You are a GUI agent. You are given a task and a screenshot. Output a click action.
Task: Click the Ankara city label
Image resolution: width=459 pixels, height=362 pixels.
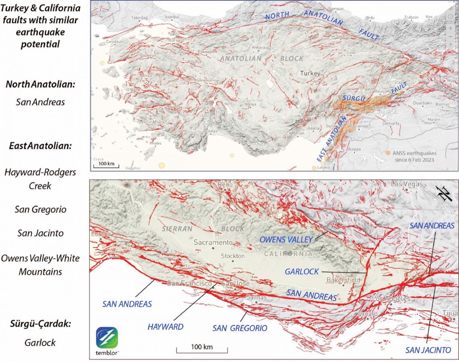[x=258, y=47]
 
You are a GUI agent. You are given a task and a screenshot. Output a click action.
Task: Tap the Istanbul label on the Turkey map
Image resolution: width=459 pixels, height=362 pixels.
[x=172, y=17]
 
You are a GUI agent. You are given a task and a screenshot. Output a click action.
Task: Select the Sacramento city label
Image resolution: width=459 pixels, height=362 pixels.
[x=213, y=242]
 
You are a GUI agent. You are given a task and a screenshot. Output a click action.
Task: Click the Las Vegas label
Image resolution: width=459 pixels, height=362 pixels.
[x=407, y=184]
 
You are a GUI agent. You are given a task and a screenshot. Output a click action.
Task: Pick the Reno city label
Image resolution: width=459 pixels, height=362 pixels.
[x=225, y=184]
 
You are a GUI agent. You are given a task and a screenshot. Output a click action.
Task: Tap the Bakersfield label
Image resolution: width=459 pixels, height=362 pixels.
[x=343, y=280]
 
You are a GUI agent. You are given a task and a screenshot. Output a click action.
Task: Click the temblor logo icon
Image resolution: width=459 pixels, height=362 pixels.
[x=107, y=338]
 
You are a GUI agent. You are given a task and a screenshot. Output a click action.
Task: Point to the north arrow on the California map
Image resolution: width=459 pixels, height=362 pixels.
[x=444, y=193]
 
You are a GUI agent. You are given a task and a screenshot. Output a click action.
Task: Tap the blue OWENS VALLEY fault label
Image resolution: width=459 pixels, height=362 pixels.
[x=286, y=239]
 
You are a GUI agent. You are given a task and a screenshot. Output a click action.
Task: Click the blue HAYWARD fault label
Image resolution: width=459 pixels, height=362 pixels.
[x=165, y=327]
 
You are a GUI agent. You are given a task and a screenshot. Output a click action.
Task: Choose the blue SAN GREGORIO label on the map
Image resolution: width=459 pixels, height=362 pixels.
[x=240, y=328]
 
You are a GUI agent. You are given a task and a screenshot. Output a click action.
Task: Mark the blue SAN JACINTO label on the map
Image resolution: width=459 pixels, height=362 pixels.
[x=428, y=350]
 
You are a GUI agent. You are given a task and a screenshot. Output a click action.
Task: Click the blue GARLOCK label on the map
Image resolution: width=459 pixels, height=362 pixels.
[x=302, y=272]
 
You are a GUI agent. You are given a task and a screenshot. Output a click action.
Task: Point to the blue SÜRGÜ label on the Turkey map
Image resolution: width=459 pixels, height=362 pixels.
[x=354, y=98]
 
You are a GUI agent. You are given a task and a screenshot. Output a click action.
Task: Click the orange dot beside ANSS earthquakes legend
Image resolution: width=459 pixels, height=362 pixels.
[x=388, y=153]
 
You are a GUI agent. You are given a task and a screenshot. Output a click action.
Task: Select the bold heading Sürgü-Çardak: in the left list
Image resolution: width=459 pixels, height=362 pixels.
[x=40, y=324]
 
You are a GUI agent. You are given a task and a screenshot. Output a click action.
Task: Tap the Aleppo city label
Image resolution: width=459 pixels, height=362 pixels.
[x=354, y=149]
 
